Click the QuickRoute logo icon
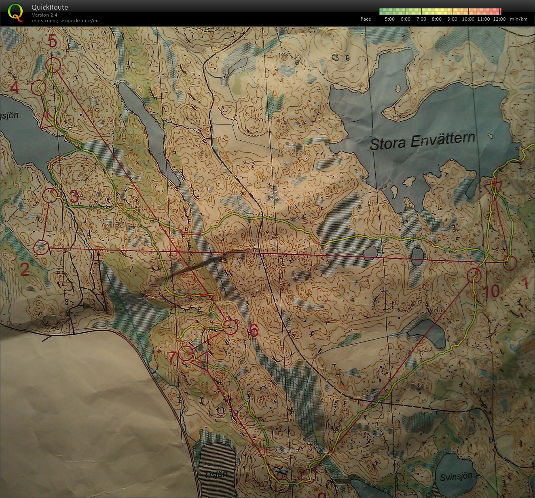click(15, 12)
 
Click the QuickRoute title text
click(49, 7)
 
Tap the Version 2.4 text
click(44, 15)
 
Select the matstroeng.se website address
click(65, 21)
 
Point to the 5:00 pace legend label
click(389, 19)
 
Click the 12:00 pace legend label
click(499, 19)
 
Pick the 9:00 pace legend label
click(452, 19)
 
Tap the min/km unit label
click(519, 19)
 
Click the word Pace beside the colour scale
click(366, 19)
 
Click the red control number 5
click(53, 41)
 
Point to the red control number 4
click(15, 87)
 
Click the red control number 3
click(74, 198)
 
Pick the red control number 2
click(25, 269)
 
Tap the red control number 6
click(254, 331)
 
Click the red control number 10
click(491, 291)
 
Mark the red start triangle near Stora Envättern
click(493, 187)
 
